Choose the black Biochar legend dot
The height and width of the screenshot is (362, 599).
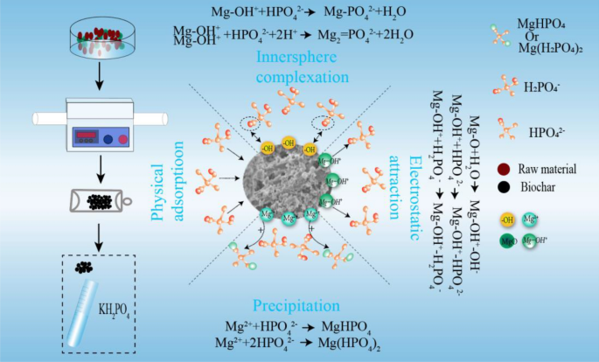[x=501, y=185]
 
